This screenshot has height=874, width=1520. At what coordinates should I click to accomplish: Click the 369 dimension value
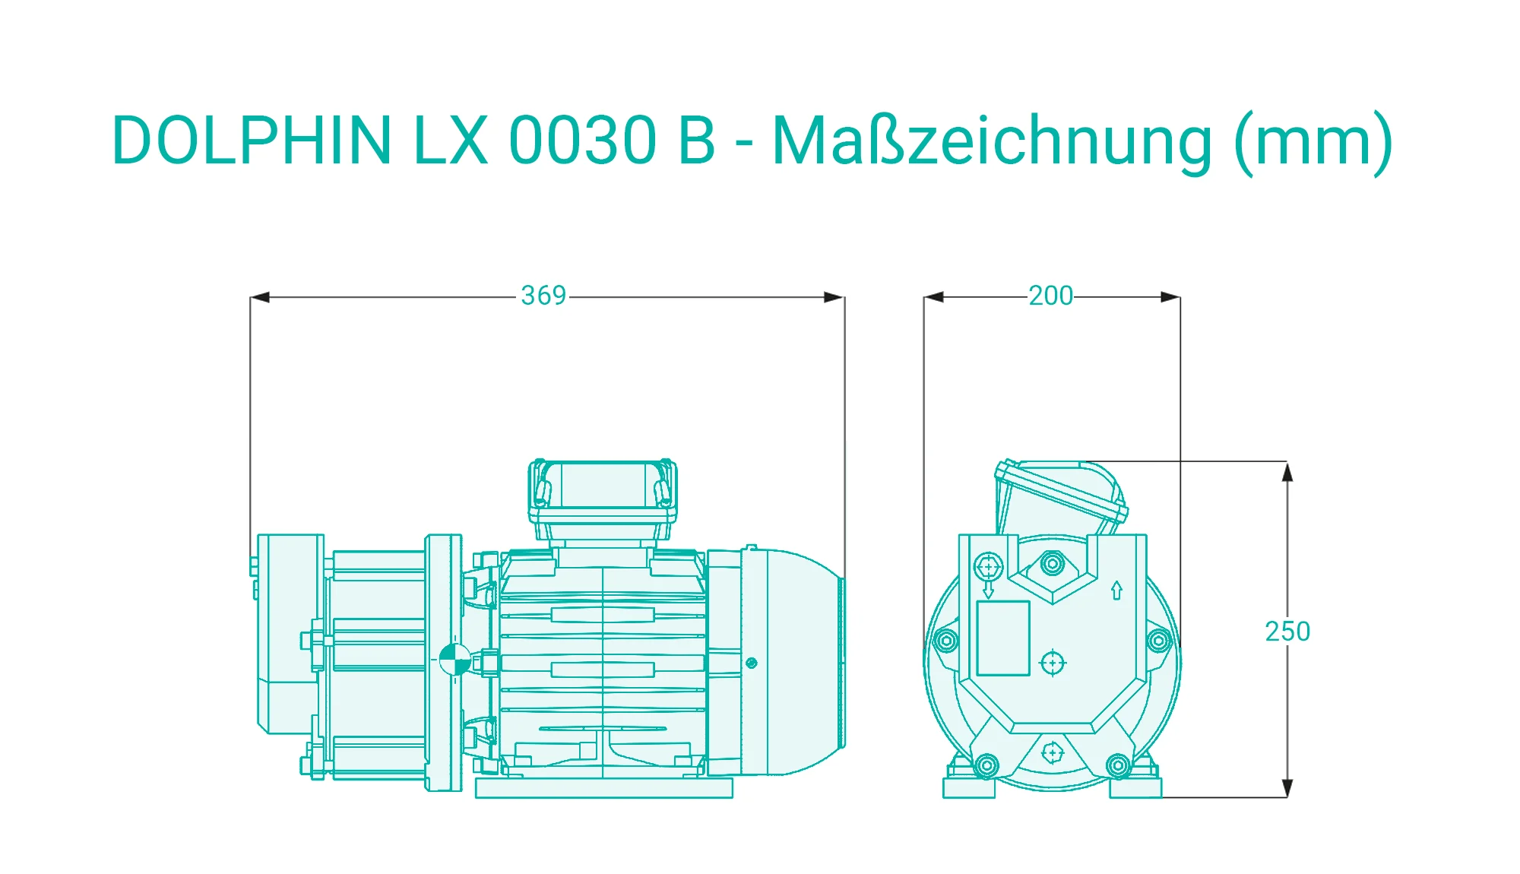click(543, 296)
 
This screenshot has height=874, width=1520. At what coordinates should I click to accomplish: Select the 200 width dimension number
click(1050, 296)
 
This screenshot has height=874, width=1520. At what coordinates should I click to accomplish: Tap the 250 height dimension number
click(1287, 632)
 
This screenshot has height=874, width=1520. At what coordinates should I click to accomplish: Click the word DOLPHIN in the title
click(252, 140)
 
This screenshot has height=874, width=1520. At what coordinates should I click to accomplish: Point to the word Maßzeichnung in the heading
click(992, 143)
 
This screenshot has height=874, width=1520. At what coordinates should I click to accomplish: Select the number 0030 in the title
click(582, 140)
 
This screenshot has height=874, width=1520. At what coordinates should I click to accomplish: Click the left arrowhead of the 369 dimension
click(260, 297)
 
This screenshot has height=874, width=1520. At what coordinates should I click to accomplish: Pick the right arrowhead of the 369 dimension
click(834, 297)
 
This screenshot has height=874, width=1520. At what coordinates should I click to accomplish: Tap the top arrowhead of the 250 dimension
click(1287, 471)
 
